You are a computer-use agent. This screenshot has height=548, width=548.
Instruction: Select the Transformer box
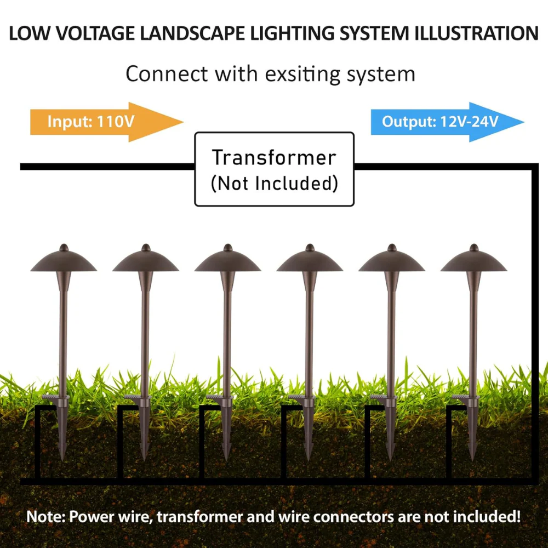[x=275, y=169]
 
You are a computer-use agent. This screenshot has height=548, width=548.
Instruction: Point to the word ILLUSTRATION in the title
[x=476, y=33]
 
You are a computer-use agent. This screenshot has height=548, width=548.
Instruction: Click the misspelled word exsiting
[x=303, y=74]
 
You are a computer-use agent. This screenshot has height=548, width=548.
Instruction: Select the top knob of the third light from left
[x=228, y=248]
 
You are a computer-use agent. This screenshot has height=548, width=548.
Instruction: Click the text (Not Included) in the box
[x=275, y=184]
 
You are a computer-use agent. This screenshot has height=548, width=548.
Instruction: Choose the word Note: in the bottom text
[x=46, y=517]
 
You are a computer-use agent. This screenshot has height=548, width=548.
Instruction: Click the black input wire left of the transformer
[x=107, y=167]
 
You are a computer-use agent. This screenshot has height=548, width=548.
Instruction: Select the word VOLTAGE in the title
[x=95, y=33]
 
